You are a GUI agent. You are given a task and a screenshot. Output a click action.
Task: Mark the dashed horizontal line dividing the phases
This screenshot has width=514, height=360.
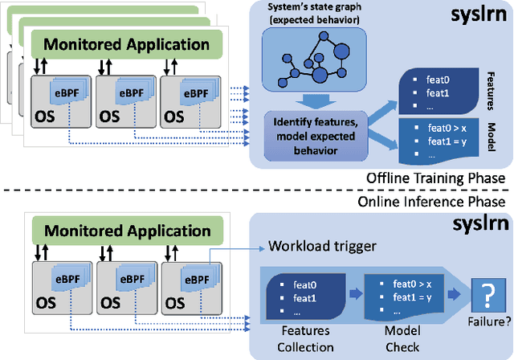pyautogui.click(x=257, y=190)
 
